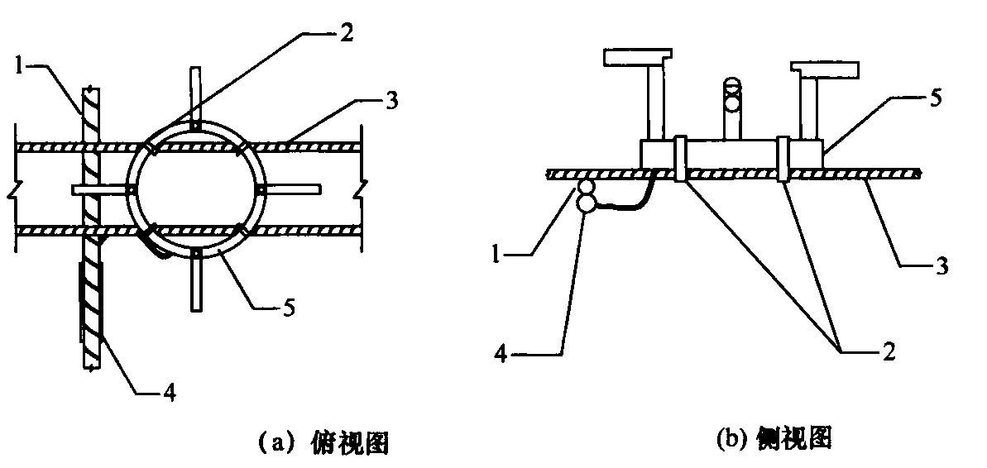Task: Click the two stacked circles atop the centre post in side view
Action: (x=731, y=93)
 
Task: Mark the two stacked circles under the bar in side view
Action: (x=586, y=196)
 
